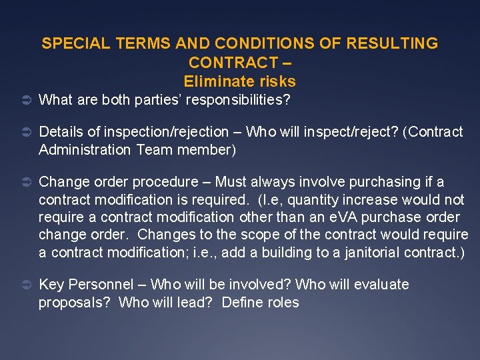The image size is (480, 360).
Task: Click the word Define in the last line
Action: click(x=242, y=303)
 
